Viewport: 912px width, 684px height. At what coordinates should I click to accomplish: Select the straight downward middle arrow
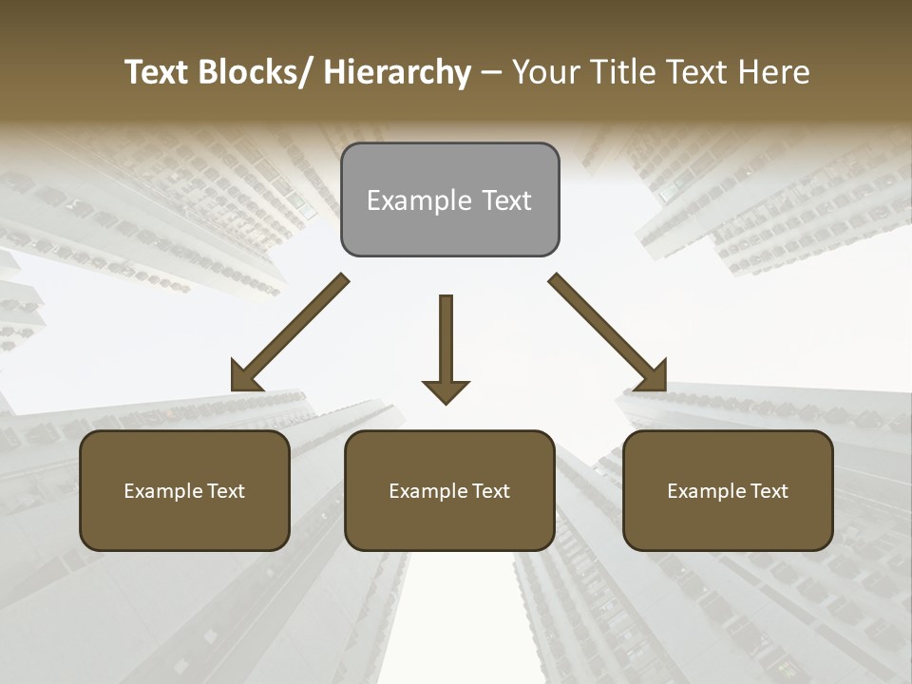point(446,342)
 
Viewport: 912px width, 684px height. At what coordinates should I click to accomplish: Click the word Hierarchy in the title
point(397,72)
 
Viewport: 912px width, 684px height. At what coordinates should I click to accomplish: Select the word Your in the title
point(548,72)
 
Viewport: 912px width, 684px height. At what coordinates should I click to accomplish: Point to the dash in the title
point(491,72)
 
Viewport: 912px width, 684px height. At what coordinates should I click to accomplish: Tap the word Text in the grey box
point(506,201)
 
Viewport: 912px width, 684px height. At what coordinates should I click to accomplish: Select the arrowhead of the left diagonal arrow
point(245,376)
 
